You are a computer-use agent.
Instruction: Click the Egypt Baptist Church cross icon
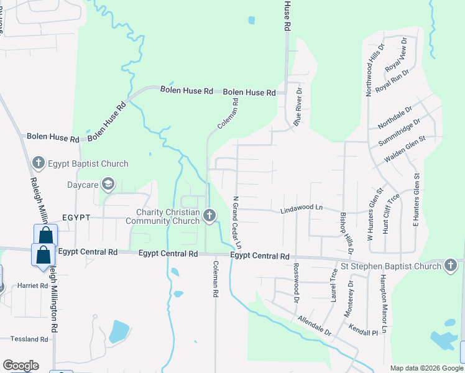point(38,163)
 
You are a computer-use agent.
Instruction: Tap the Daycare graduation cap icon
point(108,184)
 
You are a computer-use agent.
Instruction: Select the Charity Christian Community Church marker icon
point(209,216)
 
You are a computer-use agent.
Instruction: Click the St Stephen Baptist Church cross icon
point(452,266)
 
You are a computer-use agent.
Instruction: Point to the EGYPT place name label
point(77,218)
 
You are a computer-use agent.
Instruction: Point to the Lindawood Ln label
point(303,207)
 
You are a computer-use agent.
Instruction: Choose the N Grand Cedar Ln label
point(236,223)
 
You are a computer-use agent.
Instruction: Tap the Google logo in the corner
point(21,366)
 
